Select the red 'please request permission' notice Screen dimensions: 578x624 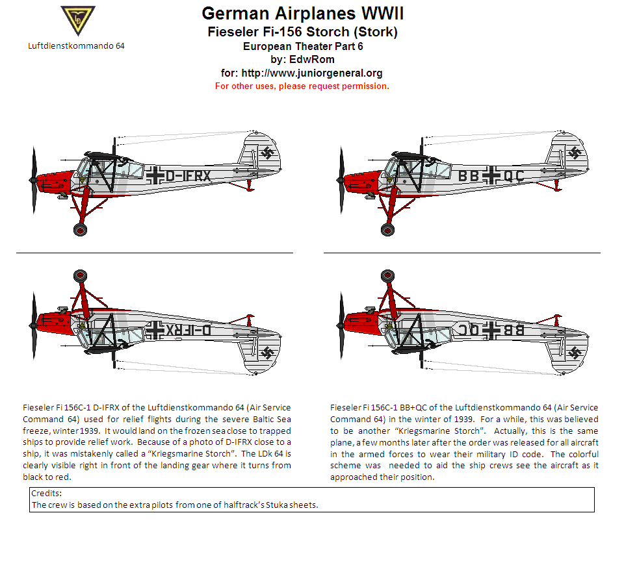click(x=302, y=86)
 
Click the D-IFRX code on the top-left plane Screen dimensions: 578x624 click(x=188, y=175)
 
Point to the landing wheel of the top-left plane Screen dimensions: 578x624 click(x=80, y=229)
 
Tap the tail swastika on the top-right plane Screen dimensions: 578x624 click(x=575, y=153)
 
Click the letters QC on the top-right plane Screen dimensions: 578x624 click(x=513, y=175)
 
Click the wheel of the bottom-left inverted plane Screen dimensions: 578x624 click(x=80, y=276)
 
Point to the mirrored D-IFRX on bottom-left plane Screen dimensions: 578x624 click(x=189, y=329)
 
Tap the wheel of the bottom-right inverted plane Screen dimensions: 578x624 click(x=387, y=276)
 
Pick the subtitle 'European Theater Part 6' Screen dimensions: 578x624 click(x=302, y=46)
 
